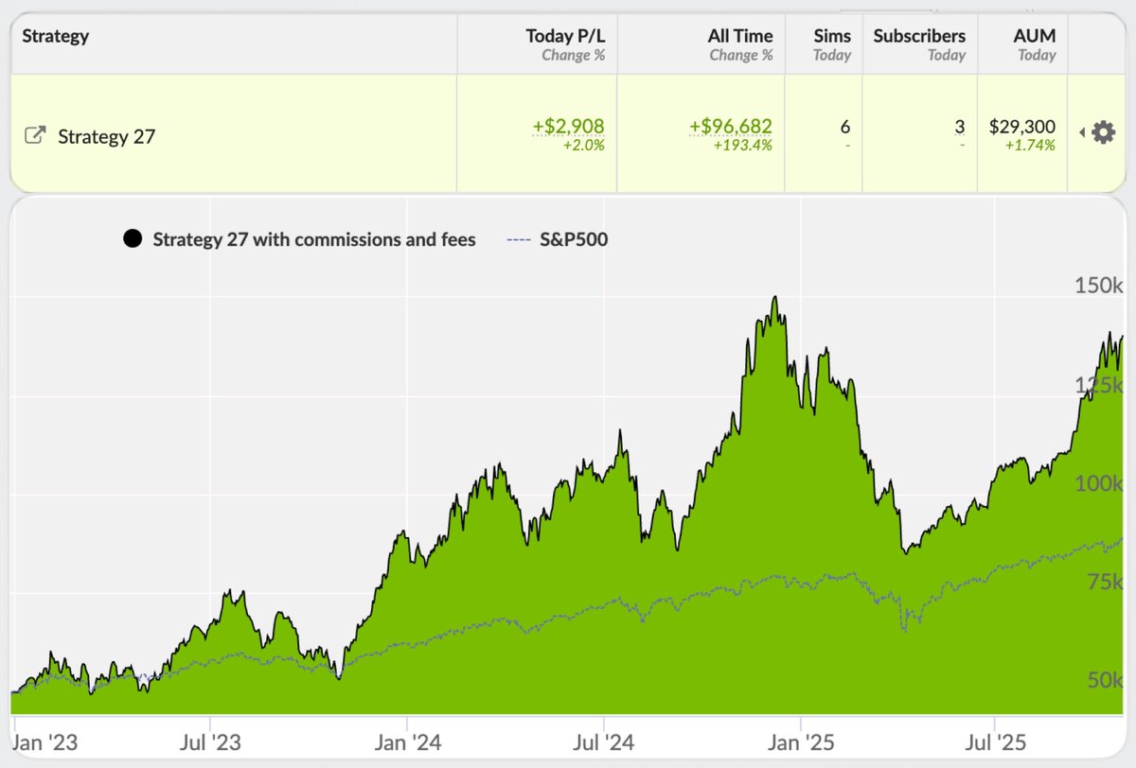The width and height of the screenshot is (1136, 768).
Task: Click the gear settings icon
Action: click(1104, 132)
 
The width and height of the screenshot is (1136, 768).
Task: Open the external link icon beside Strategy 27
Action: click(34, 135)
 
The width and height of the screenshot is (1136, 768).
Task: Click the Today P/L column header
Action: click(565, 36)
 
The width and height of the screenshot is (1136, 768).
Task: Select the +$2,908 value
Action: click(568, 126)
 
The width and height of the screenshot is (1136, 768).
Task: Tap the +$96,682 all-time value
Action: click(731, 126)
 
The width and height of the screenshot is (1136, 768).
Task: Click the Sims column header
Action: click(833, 36)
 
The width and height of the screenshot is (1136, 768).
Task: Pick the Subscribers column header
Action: click(919, 36)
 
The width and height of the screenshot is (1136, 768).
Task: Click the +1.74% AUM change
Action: click(1030, 146)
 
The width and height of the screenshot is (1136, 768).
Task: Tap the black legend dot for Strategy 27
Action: click(133, 239)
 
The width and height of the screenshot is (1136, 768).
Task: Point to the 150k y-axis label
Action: click(1098, 285)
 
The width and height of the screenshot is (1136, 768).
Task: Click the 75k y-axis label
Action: click(1103, 582)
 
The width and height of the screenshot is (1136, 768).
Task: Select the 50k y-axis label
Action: click(1103, 681)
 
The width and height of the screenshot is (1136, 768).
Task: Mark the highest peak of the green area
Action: click(775, 298)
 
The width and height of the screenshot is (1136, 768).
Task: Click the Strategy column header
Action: click(55, 36)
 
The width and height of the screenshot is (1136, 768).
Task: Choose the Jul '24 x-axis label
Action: click(604, 742)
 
